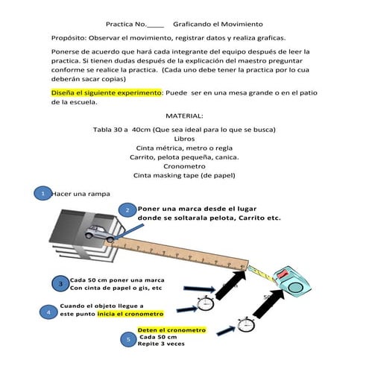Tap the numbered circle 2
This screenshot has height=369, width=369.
(x=127, y=211)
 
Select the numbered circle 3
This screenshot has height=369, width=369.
(x=60, y=284)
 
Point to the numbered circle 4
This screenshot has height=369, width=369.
(x=48, y=312)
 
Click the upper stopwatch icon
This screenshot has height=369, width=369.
(x=206, y=303)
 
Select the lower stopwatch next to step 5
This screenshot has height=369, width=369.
(x=245, y=325)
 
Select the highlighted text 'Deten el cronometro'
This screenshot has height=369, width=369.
(x=171, y=329)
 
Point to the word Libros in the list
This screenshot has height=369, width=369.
(x=183, y=139)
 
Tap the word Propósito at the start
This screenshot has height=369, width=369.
(x=69, y=37)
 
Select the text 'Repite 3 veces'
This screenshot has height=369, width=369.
(x=163, y=346)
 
